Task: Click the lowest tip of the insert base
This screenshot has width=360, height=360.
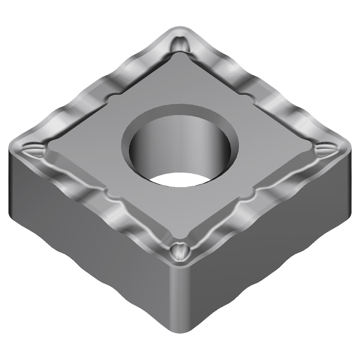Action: click(180, 335)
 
